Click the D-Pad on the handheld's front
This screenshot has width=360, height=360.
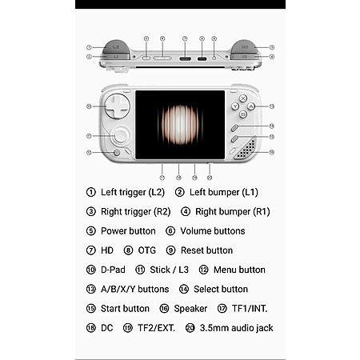point(117,106)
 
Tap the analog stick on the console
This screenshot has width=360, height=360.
point(121,136)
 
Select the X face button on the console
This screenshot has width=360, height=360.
point(242,98)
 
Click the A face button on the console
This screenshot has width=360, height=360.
point(251,106)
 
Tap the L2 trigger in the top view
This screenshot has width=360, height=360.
point(116,47)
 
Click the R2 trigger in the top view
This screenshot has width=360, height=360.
point(244,47)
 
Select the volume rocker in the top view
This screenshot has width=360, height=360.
point(162,58)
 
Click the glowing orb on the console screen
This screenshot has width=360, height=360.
point(181,125)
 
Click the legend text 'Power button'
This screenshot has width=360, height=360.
point(128,231)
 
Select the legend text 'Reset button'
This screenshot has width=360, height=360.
point(206,250)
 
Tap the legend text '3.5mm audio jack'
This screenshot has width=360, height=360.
point(236,328)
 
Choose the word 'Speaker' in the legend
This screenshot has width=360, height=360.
point(190,309)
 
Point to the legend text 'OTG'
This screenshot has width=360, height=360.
point(146,250)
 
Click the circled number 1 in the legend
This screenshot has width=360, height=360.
point(91,192)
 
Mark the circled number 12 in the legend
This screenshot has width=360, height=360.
point(203,270)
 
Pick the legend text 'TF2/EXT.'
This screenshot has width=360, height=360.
point(156,328)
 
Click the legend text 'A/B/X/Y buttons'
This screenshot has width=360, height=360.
point(134,289)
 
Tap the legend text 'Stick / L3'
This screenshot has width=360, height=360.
point(169,270)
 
